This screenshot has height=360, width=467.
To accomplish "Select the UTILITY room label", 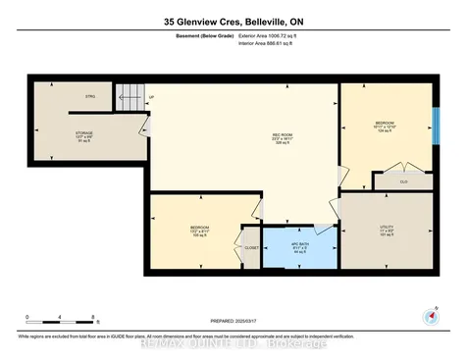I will pyautogui.click(x=387, y=229).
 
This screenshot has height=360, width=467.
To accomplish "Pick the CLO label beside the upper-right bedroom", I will pyautogui.click(x=403, y=181).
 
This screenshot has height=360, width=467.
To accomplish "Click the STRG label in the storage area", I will pyautogui.click(x=89, y=97).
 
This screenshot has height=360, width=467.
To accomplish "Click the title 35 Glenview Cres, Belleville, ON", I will pyautogui.click(x=233, y=20).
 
